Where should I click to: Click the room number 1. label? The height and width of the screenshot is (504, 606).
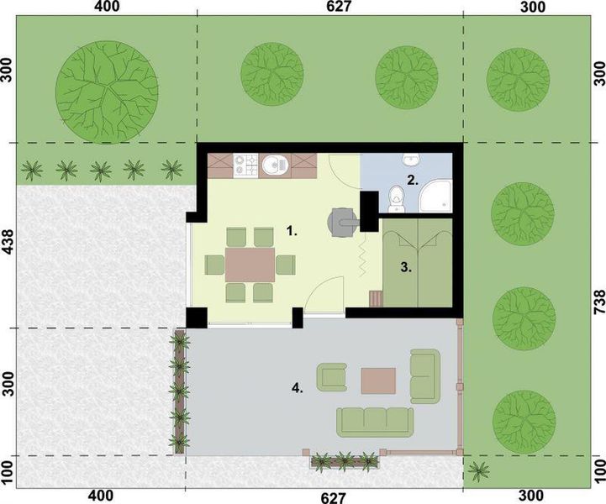(292, 228)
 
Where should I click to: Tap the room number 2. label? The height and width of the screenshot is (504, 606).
(412, 179)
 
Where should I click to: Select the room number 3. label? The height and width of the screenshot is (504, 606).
(405, 268)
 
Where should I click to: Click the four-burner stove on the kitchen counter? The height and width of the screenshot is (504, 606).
(245, 165)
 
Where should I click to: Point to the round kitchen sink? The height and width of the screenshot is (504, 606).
(271, 166)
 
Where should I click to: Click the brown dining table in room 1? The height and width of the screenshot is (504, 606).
(251, 265)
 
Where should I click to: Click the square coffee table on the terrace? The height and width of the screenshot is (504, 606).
(378, 381)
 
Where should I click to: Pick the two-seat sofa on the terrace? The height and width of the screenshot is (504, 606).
(425, 375)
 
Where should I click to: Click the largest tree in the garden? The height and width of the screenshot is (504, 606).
(107, 83)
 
